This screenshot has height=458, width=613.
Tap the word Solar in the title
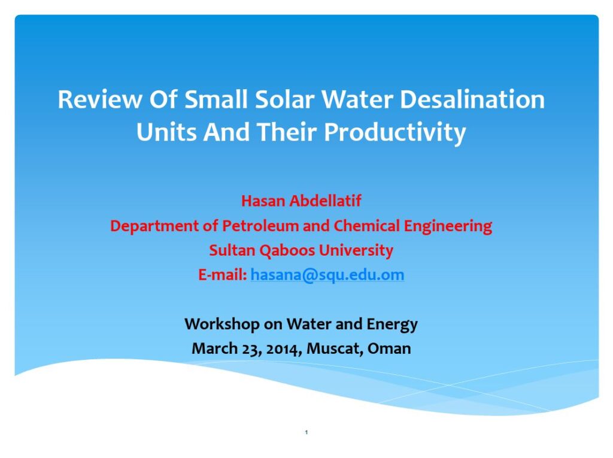point(284,99)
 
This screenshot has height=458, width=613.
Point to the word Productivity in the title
point(395,133)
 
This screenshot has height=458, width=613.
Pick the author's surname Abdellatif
point(325,201)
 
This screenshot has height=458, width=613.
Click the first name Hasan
point(263,201)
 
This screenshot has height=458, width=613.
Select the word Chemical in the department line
point(366,226)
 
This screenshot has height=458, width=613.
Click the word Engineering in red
point(448,227)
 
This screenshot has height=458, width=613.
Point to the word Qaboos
point(287,251)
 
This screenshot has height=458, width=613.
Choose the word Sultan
point(232,250)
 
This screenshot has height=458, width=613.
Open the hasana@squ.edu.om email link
point(327,275)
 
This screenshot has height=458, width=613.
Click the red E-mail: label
point(223,275)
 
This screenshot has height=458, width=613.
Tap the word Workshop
point(222,324)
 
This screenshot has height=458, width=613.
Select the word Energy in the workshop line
point(392,325)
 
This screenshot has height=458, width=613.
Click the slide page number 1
point(306,432)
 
